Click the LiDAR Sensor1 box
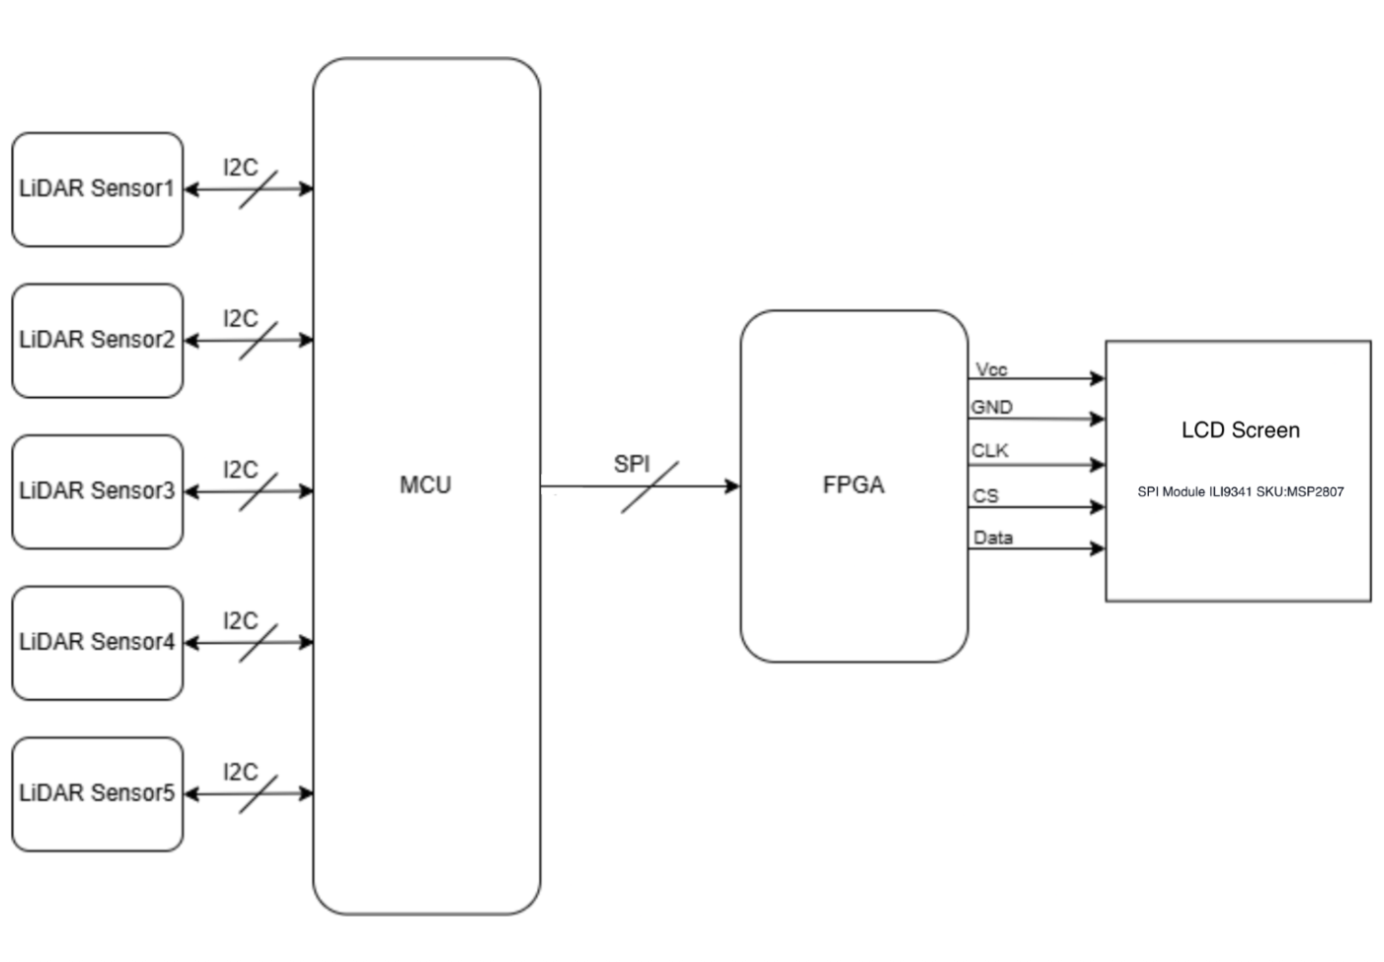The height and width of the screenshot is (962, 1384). [x=97, y=190]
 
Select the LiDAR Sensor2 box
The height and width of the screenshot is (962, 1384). [x=97, y=341]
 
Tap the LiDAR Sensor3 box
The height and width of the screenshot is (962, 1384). [x=97, y=492]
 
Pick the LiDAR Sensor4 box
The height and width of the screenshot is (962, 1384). [x=97, y=643]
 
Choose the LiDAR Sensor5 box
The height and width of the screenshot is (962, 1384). [x=97, y=794]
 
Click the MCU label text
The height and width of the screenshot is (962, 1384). [x=425, y=485]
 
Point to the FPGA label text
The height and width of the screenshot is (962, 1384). [x=853, y=485]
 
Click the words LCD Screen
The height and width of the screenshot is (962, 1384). [x=1240, y=430]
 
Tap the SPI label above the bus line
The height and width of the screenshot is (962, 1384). [x=632, y=463]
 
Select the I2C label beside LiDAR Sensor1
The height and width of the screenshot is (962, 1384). [x=240, y=167]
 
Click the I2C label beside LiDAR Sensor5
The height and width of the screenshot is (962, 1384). [x=240, y=771]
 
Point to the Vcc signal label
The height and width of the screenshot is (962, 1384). [x=991, y=369]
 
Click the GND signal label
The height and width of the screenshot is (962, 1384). [x=991, y=407]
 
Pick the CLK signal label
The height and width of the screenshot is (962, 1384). [x=989, y=450]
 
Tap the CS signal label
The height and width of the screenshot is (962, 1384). [x=985, y=495]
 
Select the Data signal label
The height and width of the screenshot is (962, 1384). [x=992, y=537]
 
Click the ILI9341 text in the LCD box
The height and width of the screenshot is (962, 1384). [x=1230, y=492]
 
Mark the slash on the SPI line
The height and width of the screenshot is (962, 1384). [x=650, y=486]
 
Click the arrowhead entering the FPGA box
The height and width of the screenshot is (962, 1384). [x=732, y=486]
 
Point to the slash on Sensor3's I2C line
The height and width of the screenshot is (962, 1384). [x=258, y=491]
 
